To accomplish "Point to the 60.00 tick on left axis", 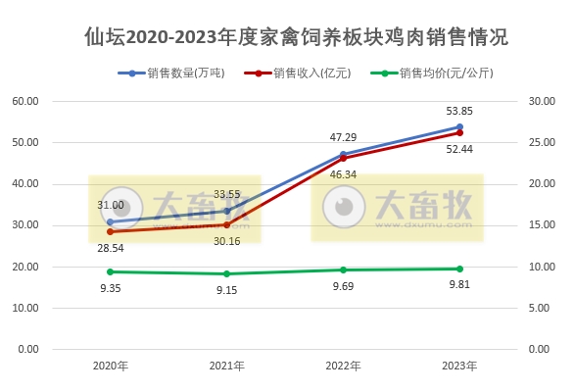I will [25, 101].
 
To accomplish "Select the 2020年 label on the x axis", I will [111, 366].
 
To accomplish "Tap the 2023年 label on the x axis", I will [459, 366].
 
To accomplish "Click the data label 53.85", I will [459, 111].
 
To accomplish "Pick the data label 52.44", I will [459, 149].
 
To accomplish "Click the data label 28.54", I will [111, 250].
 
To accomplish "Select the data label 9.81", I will [459, 285].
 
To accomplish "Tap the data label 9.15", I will [226, 290].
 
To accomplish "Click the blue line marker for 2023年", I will [459, 126].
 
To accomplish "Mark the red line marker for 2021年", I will [226, 224].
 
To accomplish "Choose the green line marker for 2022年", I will [343, 269].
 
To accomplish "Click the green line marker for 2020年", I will [111, 271].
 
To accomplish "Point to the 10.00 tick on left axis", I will [25, 308].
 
